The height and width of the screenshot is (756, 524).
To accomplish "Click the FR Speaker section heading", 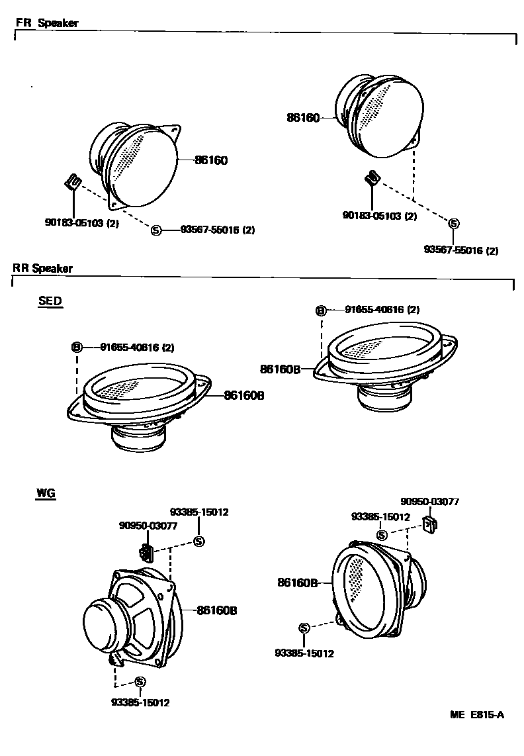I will point(47,23).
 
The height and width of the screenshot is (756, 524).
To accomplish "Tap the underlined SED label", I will point(50,301).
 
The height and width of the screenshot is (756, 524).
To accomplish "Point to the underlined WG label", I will point(46,493).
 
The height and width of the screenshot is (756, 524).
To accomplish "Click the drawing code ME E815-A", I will point(477,715).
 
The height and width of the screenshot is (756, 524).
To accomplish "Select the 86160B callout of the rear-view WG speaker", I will point(216,610).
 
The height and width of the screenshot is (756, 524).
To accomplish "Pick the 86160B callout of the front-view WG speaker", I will point(298,583).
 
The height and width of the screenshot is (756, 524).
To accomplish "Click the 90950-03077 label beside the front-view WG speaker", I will point(430,502).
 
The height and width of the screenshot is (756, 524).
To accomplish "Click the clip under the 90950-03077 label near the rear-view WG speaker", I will point(146,551).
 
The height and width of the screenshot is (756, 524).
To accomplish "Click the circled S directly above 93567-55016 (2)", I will point(454,224).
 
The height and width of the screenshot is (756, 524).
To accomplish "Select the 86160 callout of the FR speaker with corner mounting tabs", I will point(211,160).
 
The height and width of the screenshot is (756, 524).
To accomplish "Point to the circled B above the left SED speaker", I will point(77,347).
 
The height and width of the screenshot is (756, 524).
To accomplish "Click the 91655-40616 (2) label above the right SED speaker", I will point(382,309).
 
